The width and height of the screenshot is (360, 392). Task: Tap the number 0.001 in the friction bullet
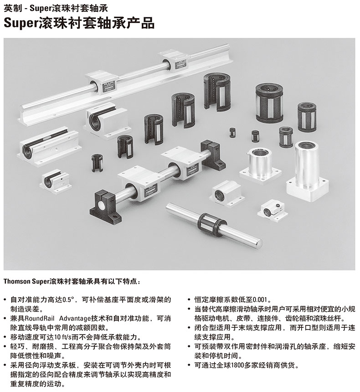pyautogui.click(x=260, y=299)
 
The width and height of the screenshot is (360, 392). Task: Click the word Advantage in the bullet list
pyautogui.click(x=75, y=319)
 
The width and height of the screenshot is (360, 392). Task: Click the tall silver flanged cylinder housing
pyautogui.click(x=307, y=172)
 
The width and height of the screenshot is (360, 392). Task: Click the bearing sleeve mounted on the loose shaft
pyautogui.click(x=212, y=221)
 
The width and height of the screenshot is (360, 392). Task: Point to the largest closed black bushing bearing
pyautogui.click(x=269, y=103)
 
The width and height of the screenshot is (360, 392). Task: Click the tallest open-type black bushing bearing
pyautogui.click(x=217, y=92)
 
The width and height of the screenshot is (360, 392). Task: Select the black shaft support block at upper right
pyautogui.click(x=213, y=154)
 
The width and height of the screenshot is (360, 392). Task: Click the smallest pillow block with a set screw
pyautogui.click(x=273, y=211)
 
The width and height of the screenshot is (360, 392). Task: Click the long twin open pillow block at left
pyautogui.click(x=49, y=146)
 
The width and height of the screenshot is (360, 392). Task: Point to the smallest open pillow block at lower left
pyautogui.click(x=56, y=181)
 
